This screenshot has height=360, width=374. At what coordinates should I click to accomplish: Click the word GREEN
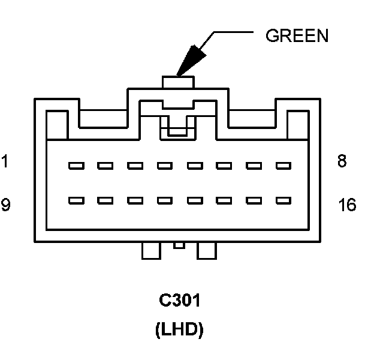pos(297,36)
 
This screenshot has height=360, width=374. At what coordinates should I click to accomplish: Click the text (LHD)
pos(179,331)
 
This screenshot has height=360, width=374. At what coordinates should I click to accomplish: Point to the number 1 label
pos(5,162)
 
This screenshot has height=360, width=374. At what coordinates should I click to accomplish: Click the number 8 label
pos(342,162)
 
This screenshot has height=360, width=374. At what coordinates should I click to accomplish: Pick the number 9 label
pos(5,206)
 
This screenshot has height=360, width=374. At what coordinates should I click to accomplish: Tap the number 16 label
pos(347,206)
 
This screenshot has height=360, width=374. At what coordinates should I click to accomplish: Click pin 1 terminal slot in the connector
pos(76,165)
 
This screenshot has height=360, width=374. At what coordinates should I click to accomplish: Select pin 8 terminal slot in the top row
pos(283,165)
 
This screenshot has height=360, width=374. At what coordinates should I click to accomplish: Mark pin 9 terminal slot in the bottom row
pos(76,200)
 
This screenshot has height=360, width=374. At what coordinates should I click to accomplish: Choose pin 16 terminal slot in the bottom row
pos(283,200)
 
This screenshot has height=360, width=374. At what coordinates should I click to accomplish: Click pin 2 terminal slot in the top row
pos(105,165)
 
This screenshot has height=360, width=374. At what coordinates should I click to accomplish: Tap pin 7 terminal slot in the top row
pos(254,165)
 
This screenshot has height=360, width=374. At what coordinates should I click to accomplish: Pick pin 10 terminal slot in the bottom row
pos(105,200)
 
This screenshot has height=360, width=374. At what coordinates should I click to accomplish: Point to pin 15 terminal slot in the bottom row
pos(254,200)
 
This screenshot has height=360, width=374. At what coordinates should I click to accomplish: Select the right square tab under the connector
pos(207,250)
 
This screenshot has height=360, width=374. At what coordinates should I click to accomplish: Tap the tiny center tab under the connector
pos(179,245)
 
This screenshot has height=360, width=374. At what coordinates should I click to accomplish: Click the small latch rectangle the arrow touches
pos(178,82)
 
